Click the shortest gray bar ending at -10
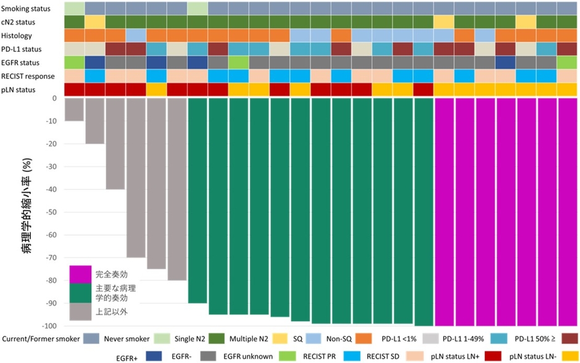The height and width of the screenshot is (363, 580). (74, 109)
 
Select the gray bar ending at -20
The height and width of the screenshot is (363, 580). (94, 121)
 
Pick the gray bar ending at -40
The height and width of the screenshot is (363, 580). (115, 143)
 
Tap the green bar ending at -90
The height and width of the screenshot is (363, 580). (197, 201)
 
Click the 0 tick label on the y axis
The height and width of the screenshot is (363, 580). (54, 98)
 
